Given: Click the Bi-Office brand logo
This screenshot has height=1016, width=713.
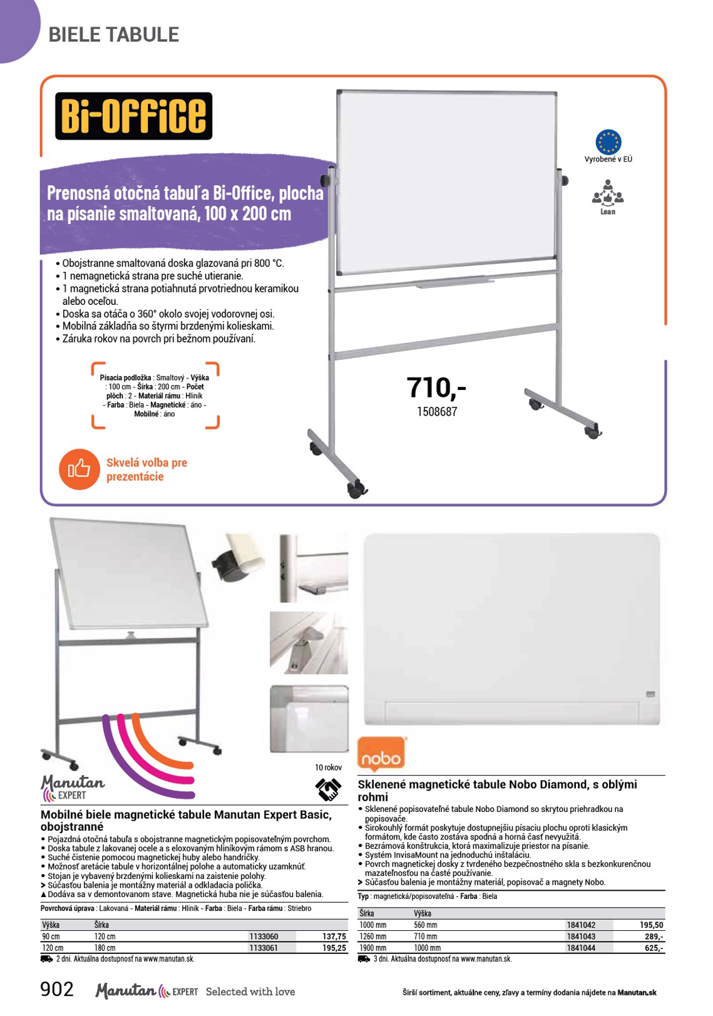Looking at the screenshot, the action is (x=133, y=116).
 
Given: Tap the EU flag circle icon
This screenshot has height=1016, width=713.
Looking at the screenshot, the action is (x=608, y=141).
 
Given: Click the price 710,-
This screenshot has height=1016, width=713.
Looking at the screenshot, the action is (x=436, y=387).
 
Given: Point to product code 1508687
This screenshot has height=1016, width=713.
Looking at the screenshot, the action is (x=437, y=411).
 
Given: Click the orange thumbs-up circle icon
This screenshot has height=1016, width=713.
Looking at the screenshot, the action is (x=80, y=469).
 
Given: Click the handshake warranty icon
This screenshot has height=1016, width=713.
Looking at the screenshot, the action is (x=328, y=789).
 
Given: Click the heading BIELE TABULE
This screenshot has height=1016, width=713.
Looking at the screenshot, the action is (x=113, y=34).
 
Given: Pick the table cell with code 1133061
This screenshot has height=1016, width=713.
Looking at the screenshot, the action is (x=264, y=948).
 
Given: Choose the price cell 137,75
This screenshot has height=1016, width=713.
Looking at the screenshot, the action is (x=334, y=936).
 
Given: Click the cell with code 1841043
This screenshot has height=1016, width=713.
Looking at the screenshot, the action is (x=580, y=936).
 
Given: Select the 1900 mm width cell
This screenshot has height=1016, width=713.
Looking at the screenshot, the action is (x=373, y=948).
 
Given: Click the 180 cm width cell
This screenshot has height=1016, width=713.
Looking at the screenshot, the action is (x=105, y=948).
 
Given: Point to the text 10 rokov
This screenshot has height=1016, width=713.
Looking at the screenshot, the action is (x=329, y=767).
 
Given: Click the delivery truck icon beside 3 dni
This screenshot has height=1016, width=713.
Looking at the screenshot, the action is (x=364, y=958).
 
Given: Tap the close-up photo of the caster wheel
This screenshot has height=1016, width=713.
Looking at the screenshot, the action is (x=238, y=557).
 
